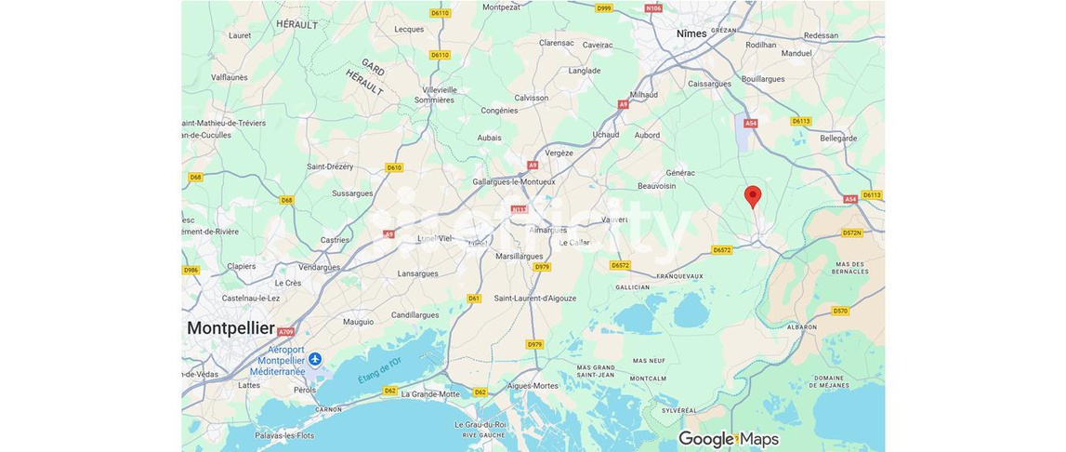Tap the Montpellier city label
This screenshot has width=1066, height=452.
pos(230,328)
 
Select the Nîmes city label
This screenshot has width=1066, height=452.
pos(691,33)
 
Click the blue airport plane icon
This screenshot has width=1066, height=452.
pos(315,359)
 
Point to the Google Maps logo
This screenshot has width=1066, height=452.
pos(729,439)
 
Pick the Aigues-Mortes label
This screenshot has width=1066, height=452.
pos(533,385)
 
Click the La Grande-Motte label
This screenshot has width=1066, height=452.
pos(430,394)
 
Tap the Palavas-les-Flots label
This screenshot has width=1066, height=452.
pos(285,435)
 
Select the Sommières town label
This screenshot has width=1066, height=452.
pos(434,100)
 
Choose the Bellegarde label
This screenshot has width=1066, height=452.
pos(838,138)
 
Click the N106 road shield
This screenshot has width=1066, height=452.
pos(653,8)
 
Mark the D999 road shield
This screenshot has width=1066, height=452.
pos(604,8)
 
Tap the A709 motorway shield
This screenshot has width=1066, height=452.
pos(285,332)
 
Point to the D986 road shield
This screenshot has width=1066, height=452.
pos(191,271)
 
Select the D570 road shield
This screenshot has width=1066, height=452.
pos(840,311)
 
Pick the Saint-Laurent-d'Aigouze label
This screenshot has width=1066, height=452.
pos(534,299)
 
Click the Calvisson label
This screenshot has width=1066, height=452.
pos(532,98)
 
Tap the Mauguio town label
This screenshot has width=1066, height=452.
pos(358,322)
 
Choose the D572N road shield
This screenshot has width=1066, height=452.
pos(851,233)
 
